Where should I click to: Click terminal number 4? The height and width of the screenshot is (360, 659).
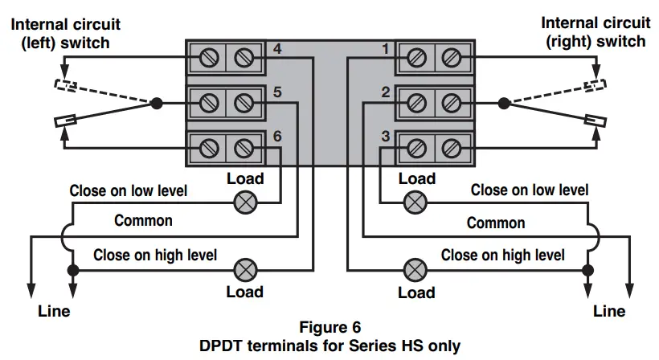coord(277,49)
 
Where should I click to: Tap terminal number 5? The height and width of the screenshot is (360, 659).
coord(277,92)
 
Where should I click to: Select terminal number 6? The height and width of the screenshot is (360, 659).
coord(277,136)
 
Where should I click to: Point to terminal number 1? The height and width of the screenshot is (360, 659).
coord(386,49)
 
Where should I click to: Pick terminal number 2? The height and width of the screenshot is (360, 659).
coord(386,92)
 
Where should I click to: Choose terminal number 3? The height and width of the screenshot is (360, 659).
coord(386,136)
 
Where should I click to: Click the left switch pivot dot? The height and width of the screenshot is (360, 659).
coord(157,103)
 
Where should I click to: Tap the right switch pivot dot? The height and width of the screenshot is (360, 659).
coord(504,103)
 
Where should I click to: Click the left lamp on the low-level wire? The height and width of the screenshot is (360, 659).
coord(245,202)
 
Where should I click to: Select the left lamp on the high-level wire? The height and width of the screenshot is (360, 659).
coord(245,270)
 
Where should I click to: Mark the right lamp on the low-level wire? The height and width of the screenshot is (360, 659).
coord(415,202)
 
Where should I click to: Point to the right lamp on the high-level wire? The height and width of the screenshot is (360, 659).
coord(415,270)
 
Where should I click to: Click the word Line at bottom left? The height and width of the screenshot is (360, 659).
coord(54,311)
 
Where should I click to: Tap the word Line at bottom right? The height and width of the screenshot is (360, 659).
coord(609,311)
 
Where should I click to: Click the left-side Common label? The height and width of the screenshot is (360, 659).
coord(143,220)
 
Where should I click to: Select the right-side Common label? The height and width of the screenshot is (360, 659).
coord(496,223)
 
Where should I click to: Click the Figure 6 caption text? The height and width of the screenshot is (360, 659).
coord(330,327)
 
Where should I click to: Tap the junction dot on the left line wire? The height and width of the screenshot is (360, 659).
coord(73,270)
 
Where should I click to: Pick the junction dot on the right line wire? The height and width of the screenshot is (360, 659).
coord(588,270)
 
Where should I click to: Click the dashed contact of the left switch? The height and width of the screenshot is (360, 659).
coord(66,85)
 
